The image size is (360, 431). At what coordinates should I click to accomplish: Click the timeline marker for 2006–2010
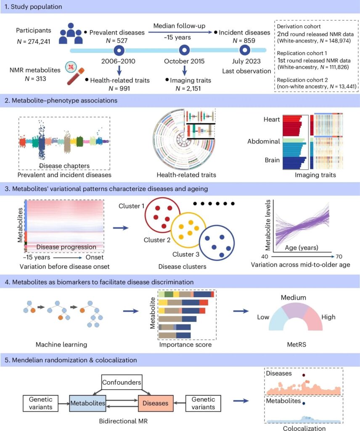[119, 51]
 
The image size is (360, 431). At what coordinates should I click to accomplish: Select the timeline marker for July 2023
[245, 51]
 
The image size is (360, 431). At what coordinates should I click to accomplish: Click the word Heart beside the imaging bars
[271, 120]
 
